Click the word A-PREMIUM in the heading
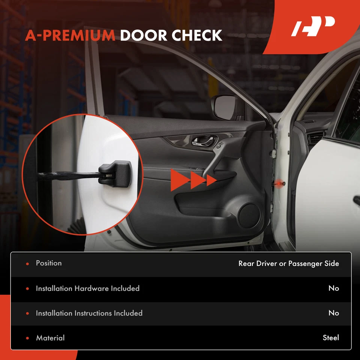(70, 36)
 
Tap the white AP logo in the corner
(313, 27)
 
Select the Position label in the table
(48, 263)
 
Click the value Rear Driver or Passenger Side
(288, 264)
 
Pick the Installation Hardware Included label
(87, 288)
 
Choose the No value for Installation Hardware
(333, 288)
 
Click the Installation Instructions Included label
(89, 313)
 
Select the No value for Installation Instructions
(333, 313)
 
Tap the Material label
(50, 338)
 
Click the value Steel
(331, 338)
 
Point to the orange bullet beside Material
(27, 338)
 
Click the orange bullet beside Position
(27, 264)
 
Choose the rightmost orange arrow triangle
(211, 180)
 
